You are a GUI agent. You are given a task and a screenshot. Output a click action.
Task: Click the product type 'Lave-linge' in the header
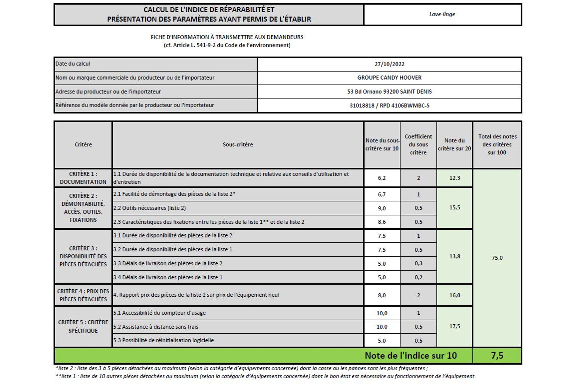[442, 14]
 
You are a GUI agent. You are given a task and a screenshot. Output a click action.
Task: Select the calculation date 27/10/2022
[389, 64]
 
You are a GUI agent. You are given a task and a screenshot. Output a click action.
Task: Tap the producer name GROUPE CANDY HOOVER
[389, 78]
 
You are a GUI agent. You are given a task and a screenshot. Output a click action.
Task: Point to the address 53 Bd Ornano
[389, 92]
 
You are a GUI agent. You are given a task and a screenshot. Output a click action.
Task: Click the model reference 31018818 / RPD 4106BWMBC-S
[389, 105]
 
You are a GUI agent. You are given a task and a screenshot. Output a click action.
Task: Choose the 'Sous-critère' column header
[238, 145]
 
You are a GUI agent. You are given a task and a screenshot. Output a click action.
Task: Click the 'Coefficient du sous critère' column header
[418, 145]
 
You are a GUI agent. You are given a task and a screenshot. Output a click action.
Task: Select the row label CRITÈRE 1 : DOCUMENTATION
[83, 178]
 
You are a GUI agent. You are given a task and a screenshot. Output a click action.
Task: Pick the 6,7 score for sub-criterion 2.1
[382, 194]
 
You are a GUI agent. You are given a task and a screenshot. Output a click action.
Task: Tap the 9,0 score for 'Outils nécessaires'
[382, 208]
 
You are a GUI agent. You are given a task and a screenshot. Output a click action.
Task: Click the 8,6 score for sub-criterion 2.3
[382, 222]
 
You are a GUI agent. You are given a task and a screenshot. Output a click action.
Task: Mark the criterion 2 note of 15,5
[455, 208]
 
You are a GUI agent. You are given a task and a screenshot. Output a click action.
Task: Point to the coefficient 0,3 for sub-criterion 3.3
[418, 263]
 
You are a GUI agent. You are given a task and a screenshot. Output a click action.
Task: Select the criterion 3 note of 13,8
[455, 256]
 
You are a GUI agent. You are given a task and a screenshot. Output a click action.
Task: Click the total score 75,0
[497, 258]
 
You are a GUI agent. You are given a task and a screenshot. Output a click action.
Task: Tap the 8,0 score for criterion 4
[382, 295]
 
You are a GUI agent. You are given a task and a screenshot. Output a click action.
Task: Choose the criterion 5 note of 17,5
[455, 326]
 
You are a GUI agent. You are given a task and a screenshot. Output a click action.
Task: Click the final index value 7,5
[497, 356]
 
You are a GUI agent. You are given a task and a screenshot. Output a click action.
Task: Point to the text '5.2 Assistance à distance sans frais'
[156, 327]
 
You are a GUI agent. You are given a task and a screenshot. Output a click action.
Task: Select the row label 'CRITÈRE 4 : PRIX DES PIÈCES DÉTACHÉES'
[83, 295]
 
